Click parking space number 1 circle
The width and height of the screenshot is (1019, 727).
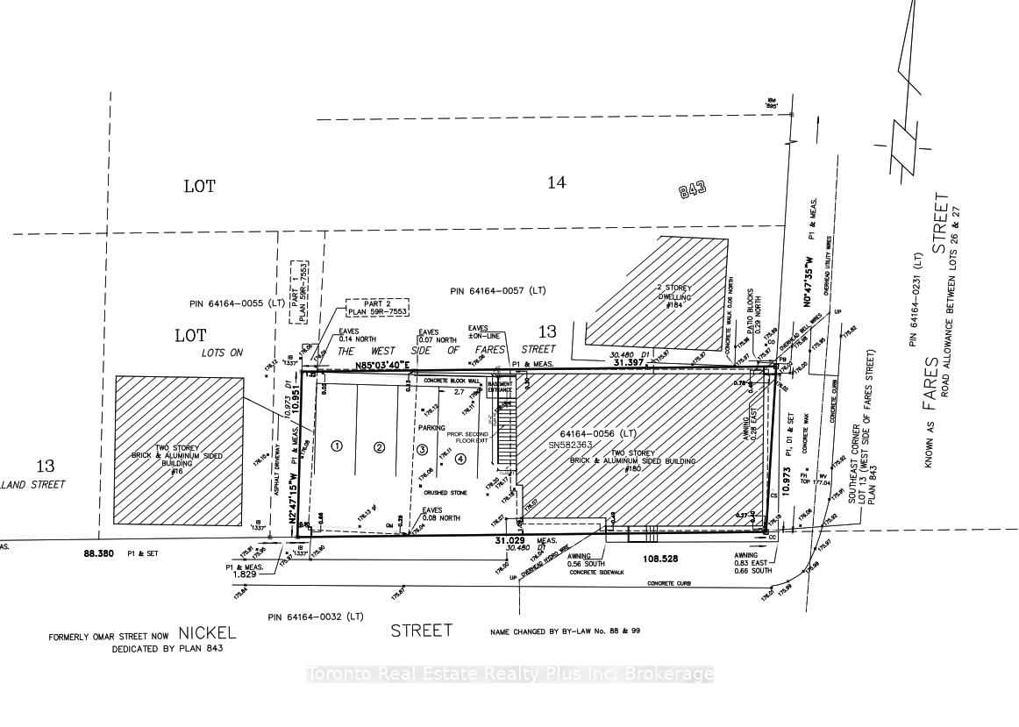[x=335, y=445]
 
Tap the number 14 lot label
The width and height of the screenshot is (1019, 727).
[x=556, y=182]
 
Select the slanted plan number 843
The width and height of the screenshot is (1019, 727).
[x=692, y=189]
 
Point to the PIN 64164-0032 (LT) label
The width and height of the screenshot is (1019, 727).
[x=316, y=617]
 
